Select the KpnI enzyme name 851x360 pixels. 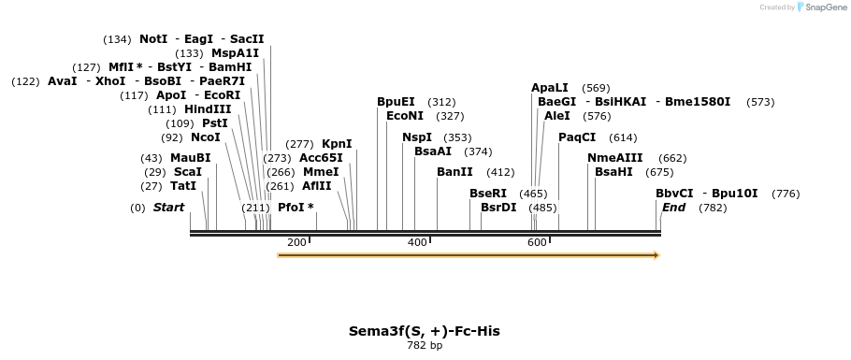point(337,144)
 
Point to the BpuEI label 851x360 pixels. point(397,102)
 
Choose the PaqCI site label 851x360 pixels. point(578,137)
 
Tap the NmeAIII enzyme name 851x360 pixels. point(615,158)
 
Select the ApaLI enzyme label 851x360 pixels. point(550,88)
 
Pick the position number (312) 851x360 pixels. point(441,102)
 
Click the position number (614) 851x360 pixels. point(623,137)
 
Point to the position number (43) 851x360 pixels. point(151,159)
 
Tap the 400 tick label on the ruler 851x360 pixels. point(417,243)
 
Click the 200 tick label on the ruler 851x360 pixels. point(296,243)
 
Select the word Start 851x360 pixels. point(168,208)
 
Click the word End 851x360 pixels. point(673,208)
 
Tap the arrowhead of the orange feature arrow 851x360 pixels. point(657,255)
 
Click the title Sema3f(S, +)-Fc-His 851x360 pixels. point(425,331)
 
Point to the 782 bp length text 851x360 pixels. point(425,345)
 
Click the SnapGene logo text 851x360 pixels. point(826,7)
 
